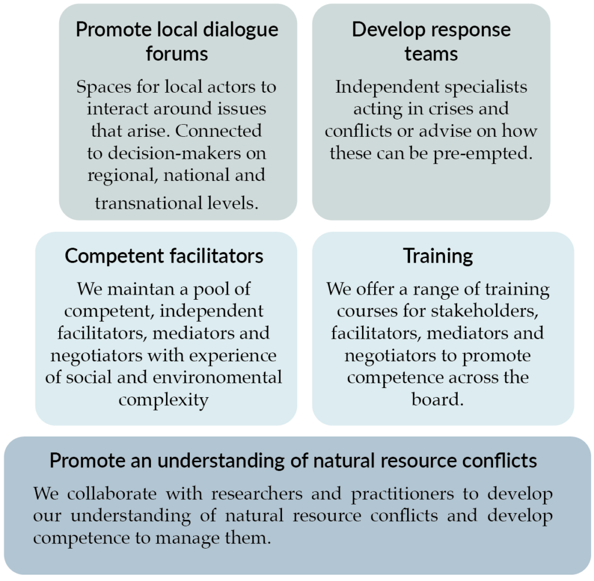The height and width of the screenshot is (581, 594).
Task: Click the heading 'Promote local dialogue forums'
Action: pos(177,41)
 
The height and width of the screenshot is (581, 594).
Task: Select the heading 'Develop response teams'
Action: pos(431,41)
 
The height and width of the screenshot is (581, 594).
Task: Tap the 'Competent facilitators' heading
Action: pos(164,256)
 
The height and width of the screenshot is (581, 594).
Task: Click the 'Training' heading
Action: pos(438,257)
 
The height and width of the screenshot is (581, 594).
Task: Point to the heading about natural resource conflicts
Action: pos(293,461)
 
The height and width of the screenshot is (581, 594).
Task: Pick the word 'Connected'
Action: pos(218,131)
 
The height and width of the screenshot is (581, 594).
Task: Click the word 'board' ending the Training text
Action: pos(437,400)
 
